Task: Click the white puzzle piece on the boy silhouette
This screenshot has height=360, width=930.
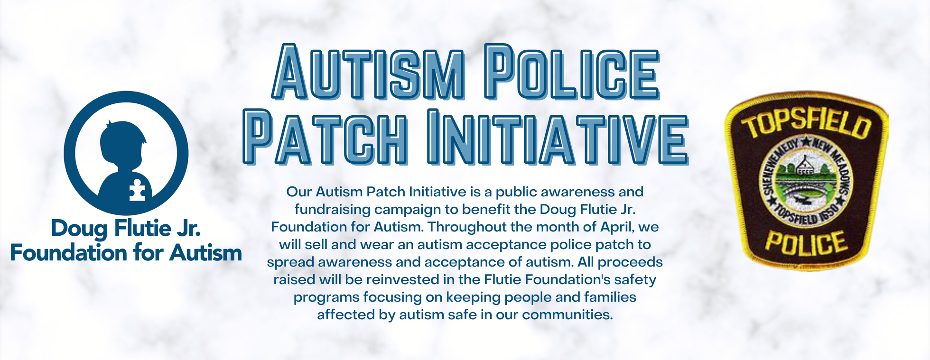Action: click(138, 189)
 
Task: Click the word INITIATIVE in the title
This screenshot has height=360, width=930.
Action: click(558, 137)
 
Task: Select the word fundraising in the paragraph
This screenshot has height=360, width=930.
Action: click(332, 210)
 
